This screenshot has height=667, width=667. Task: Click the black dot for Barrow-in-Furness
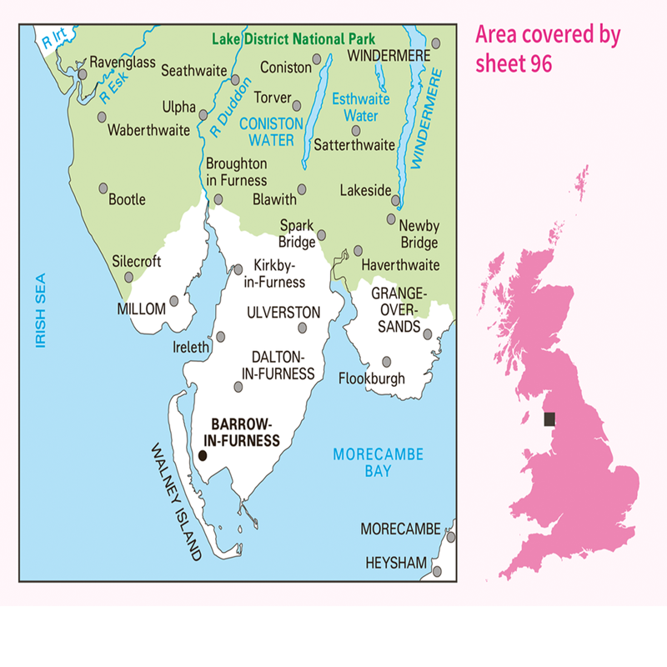click(202, 455)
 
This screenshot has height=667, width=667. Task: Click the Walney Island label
click(176, 501)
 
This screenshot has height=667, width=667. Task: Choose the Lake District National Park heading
click(293, 38)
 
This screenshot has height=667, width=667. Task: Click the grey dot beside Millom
click(174, 300)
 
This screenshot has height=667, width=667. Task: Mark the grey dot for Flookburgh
click(386, 362)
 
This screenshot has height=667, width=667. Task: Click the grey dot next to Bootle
click(103, 188)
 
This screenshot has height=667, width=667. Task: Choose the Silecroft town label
click(137, 261)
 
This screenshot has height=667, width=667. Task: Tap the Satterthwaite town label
click(354, 144)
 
